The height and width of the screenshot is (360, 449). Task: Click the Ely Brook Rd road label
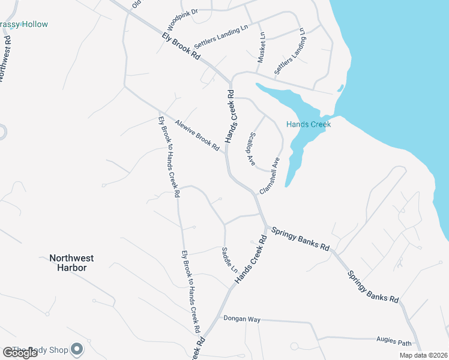(181, 45)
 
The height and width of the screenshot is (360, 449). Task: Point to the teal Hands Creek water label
(309, 124)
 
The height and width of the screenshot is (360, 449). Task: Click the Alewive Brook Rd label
(197, 135)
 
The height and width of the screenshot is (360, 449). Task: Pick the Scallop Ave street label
(250, 149)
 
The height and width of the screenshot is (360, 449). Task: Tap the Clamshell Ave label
(270, 175)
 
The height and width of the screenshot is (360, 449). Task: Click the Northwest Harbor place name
(71, 263)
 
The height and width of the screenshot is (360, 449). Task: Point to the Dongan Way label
(242, 319)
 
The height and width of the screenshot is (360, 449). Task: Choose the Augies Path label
(394, 341)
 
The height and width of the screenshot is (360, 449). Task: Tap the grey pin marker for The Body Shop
(77, 349)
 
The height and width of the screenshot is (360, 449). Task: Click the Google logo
(20, 353)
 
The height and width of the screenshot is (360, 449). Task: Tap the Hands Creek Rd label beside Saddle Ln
(251, 260)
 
